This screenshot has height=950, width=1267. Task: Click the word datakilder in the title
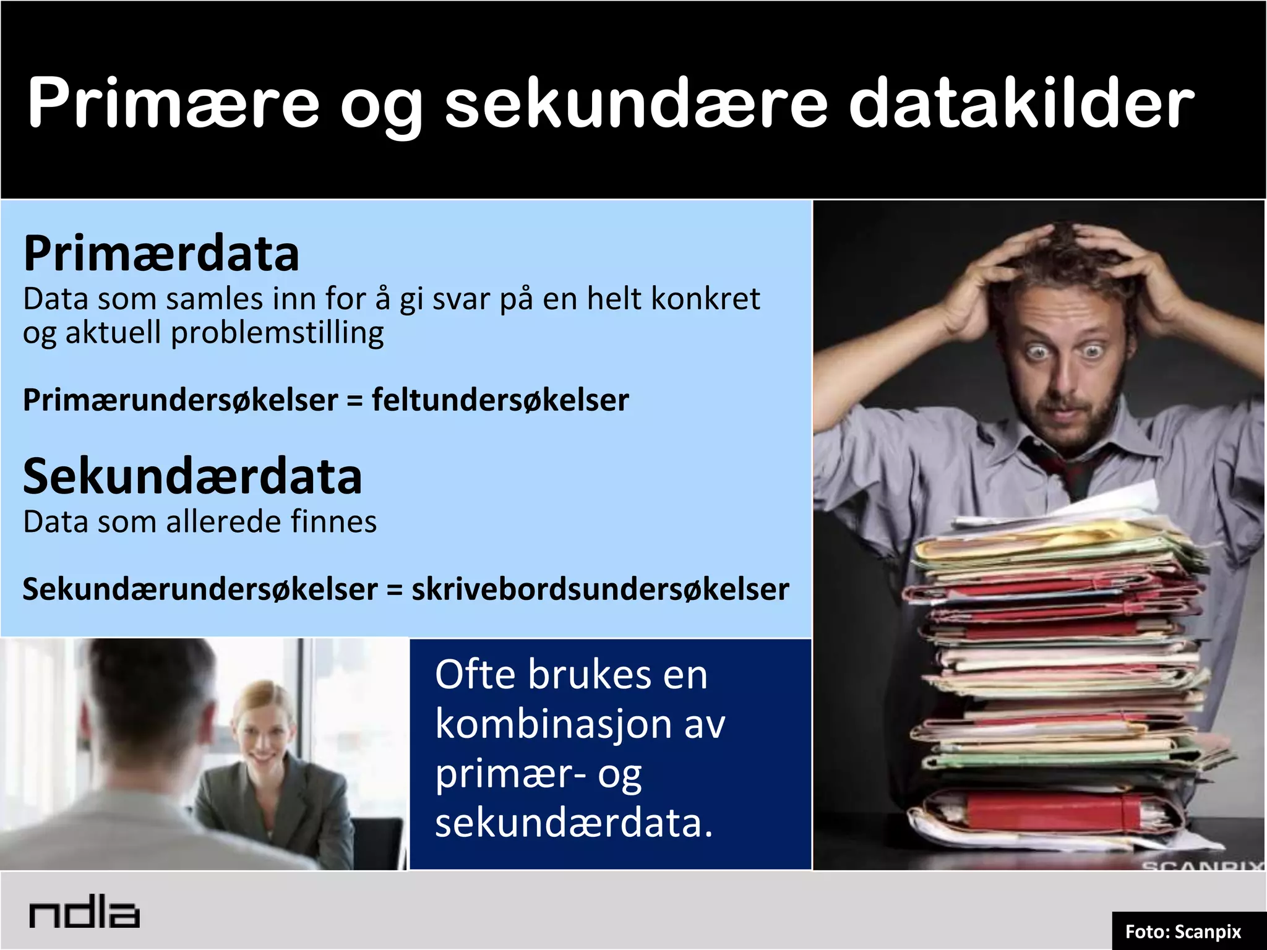click(1021, 103)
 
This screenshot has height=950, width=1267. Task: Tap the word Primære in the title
click(173, 103)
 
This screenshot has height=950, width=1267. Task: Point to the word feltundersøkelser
click(500, 400)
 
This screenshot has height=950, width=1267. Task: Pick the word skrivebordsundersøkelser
click(600, 589)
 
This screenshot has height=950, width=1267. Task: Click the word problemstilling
click(277, 333)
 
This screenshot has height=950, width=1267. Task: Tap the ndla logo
click(84, 914)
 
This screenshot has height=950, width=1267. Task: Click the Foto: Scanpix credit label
click(1183, 931)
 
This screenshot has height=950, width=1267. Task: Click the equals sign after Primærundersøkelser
click(354, 401)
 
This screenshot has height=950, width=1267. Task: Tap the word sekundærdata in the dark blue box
click(574, 824)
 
